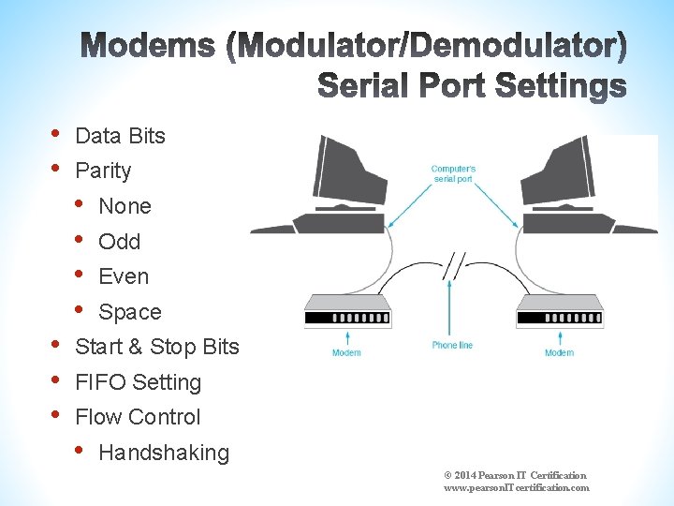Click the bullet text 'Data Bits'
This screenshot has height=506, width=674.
coord(120,136)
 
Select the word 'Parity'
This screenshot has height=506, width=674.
coord(103,171)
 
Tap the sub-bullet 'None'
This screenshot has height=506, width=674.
coord(125,206)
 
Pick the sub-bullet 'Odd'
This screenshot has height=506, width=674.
coord(119,242)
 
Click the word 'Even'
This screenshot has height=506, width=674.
coord(124,276)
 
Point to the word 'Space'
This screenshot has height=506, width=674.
coord(130,312)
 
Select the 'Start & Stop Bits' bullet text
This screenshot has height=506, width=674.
coord(157,347)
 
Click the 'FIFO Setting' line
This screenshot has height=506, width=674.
coord(139,382)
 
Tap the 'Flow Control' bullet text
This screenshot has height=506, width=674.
coord(138,417)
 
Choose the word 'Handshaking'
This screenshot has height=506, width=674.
coord(164,453)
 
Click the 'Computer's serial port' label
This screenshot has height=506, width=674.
coord(453,173)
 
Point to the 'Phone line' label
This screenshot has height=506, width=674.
coord(452,346)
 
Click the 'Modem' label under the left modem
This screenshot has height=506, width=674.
coord(346,353)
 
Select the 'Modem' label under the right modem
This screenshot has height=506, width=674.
coord(559,353)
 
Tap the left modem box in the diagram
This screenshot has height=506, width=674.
coord(347,310)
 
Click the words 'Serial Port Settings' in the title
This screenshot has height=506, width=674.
coord(472,87)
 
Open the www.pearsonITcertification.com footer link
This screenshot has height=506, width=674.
coord(517,487)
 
